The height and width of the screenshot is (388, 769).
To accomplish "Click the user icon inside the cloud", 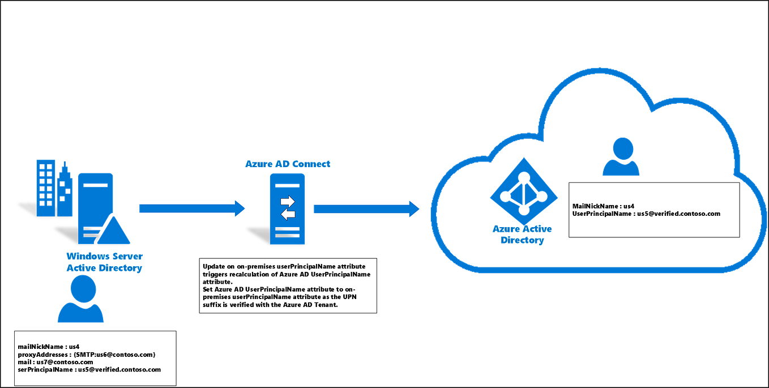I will point(621,157).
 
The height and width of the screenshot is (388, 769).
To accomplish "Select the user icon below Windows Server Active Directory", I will point(81,300).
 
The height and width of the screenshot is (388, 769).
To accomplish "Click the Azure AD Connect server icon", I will point(288,208).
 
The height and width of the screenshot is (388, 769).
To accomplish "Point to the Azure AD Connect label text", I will point(287,164).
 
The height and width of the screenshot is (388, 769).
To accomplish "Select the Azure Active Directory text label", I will point(522,234).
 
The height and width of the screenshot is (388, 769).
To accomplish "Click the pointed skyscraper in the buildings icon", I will point(65,187).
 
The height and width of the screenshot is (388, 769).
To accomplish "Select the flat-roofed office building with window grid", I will point(45,187).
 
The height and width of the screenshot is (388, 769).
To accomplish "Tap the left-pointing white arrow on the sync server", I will point(288,214).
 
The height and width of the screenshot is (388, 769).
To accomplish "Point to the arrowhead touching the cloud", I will point(415,208).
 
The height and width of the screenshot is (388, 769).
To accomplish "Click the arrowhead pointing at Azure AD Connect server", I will point(241,208).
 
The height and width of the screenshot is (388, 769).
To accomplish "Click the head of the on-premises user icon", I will point(82,287).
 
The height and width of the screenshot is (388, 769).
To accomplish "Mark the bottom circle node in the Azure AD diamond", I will point(524,211).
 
